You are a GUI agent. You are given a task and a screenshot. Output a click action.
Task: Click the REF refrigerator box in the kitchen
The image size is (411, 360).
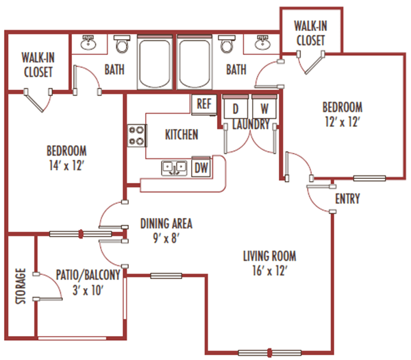click(x=203, y=105)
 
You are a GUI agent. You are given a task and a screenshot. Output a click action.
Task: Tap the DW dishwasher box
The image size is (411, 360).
click(x=201, y=167)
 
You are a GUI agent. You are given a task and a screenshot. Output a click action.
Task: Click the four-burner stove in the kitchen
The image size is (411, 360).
click(x=136, y=135)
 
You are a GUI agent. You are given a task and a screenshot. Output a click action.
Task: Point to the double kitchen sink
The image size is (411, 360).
click(x=174, y=167)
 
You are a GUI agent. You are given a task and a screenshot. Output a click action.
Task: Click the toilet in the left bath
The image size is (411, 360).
click(x=121, y=46)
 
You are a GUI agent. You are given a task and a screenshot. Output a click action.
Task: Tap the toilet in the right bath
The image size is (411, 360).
click(x=226, y=46)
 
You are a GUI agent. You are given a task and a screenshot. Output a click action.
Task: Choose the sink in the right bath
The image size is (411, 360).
click(x=260, y=45)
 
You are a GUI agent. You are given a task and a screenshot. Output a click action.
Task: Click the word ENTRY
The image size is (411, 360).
click(x=347, y=200)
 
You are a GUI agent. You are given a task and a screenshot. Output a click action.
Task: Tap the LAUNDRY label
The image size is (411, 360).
click(x=251, y=125)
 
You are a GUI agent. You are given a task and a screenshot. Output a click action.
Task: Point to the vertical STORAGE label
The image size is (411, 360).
click(x=21, y=287)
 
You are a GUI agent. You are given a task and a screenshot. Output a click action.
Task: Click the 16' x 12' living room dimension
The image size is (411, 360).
click(x=269, y=271)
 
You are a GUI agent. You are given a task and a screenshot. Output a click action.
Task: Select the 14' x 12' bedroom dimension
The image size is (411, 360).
click(x=66, y=165)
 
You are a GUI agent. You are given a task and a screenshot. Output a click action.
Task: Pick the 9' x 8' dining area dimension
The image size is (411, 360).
click(x=166, y=239)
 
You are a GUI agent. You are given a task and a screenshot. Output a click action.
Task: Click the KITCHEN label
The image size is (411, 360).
click(x=182, y=134)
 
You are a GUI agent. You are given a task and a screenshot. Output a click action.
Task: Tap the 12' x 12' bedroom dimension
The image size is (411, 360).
click(x=342, y=122)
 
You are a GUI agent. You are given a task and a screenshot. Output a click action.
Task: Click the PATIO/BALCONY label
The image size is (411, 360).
click(x=88, y=276)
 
